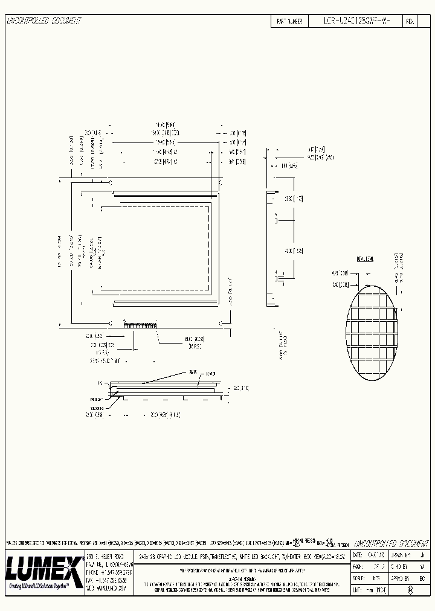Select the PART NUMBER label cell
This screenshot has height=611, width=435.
(x=289, y=21)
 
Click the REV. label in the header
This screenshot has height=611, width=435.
(x=410, y=21)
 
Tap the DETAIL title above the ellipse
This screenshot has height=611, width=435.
(x=365, y=258)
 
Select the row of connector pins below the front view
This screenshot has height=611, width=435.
(x=140, y=325)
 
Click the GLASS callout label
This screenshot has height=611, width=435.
(x=193, y=371)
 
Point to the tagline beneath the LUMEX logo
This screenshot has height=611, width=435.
(x=44, y=586)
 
